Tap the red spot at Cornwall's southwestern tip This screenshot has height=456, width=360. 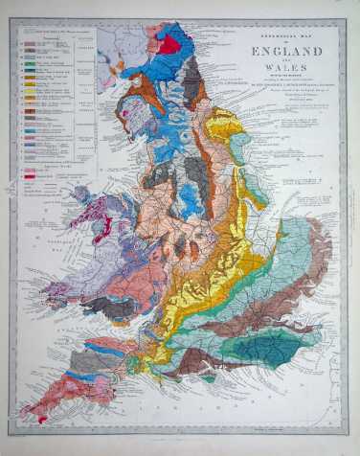point(29,414)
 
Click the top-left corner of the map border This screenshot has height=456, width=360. point(11,21)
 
